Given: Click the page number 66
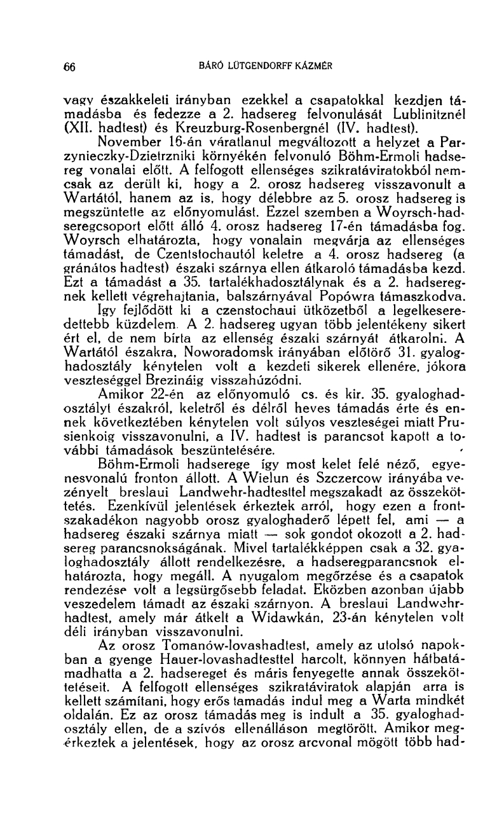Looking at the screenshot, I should tap(71, 65).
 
